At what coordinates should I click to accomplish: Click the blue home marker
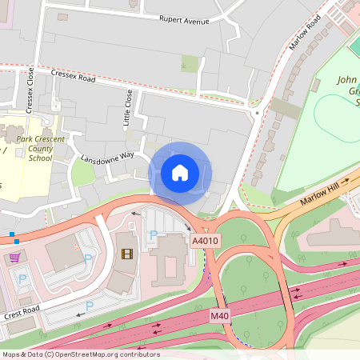click(x=180, y=172)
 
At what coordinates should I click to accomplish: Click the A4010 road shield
click(x=205, y=240)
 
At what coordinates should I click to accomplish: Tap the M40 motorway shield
click(x=220, y=316)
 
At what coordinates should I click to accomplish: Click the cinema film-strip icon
click(x=126, y=254)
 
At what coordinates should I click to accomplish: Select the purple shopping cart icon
click(x=14, y=258)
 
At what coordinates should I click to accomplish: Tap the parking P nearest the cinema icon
click(x=153, y=235)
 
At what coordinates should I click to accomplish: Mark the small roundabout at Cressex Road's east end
click(x=256, y=113)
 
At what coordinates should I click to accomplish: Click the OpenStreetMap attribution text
click(x=80, y=354)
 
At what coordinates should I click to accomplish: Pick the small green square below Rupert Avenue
click(x=190, y=63)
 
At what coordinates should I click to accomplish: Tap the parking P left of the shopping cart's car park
click(x=22, y=278)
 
